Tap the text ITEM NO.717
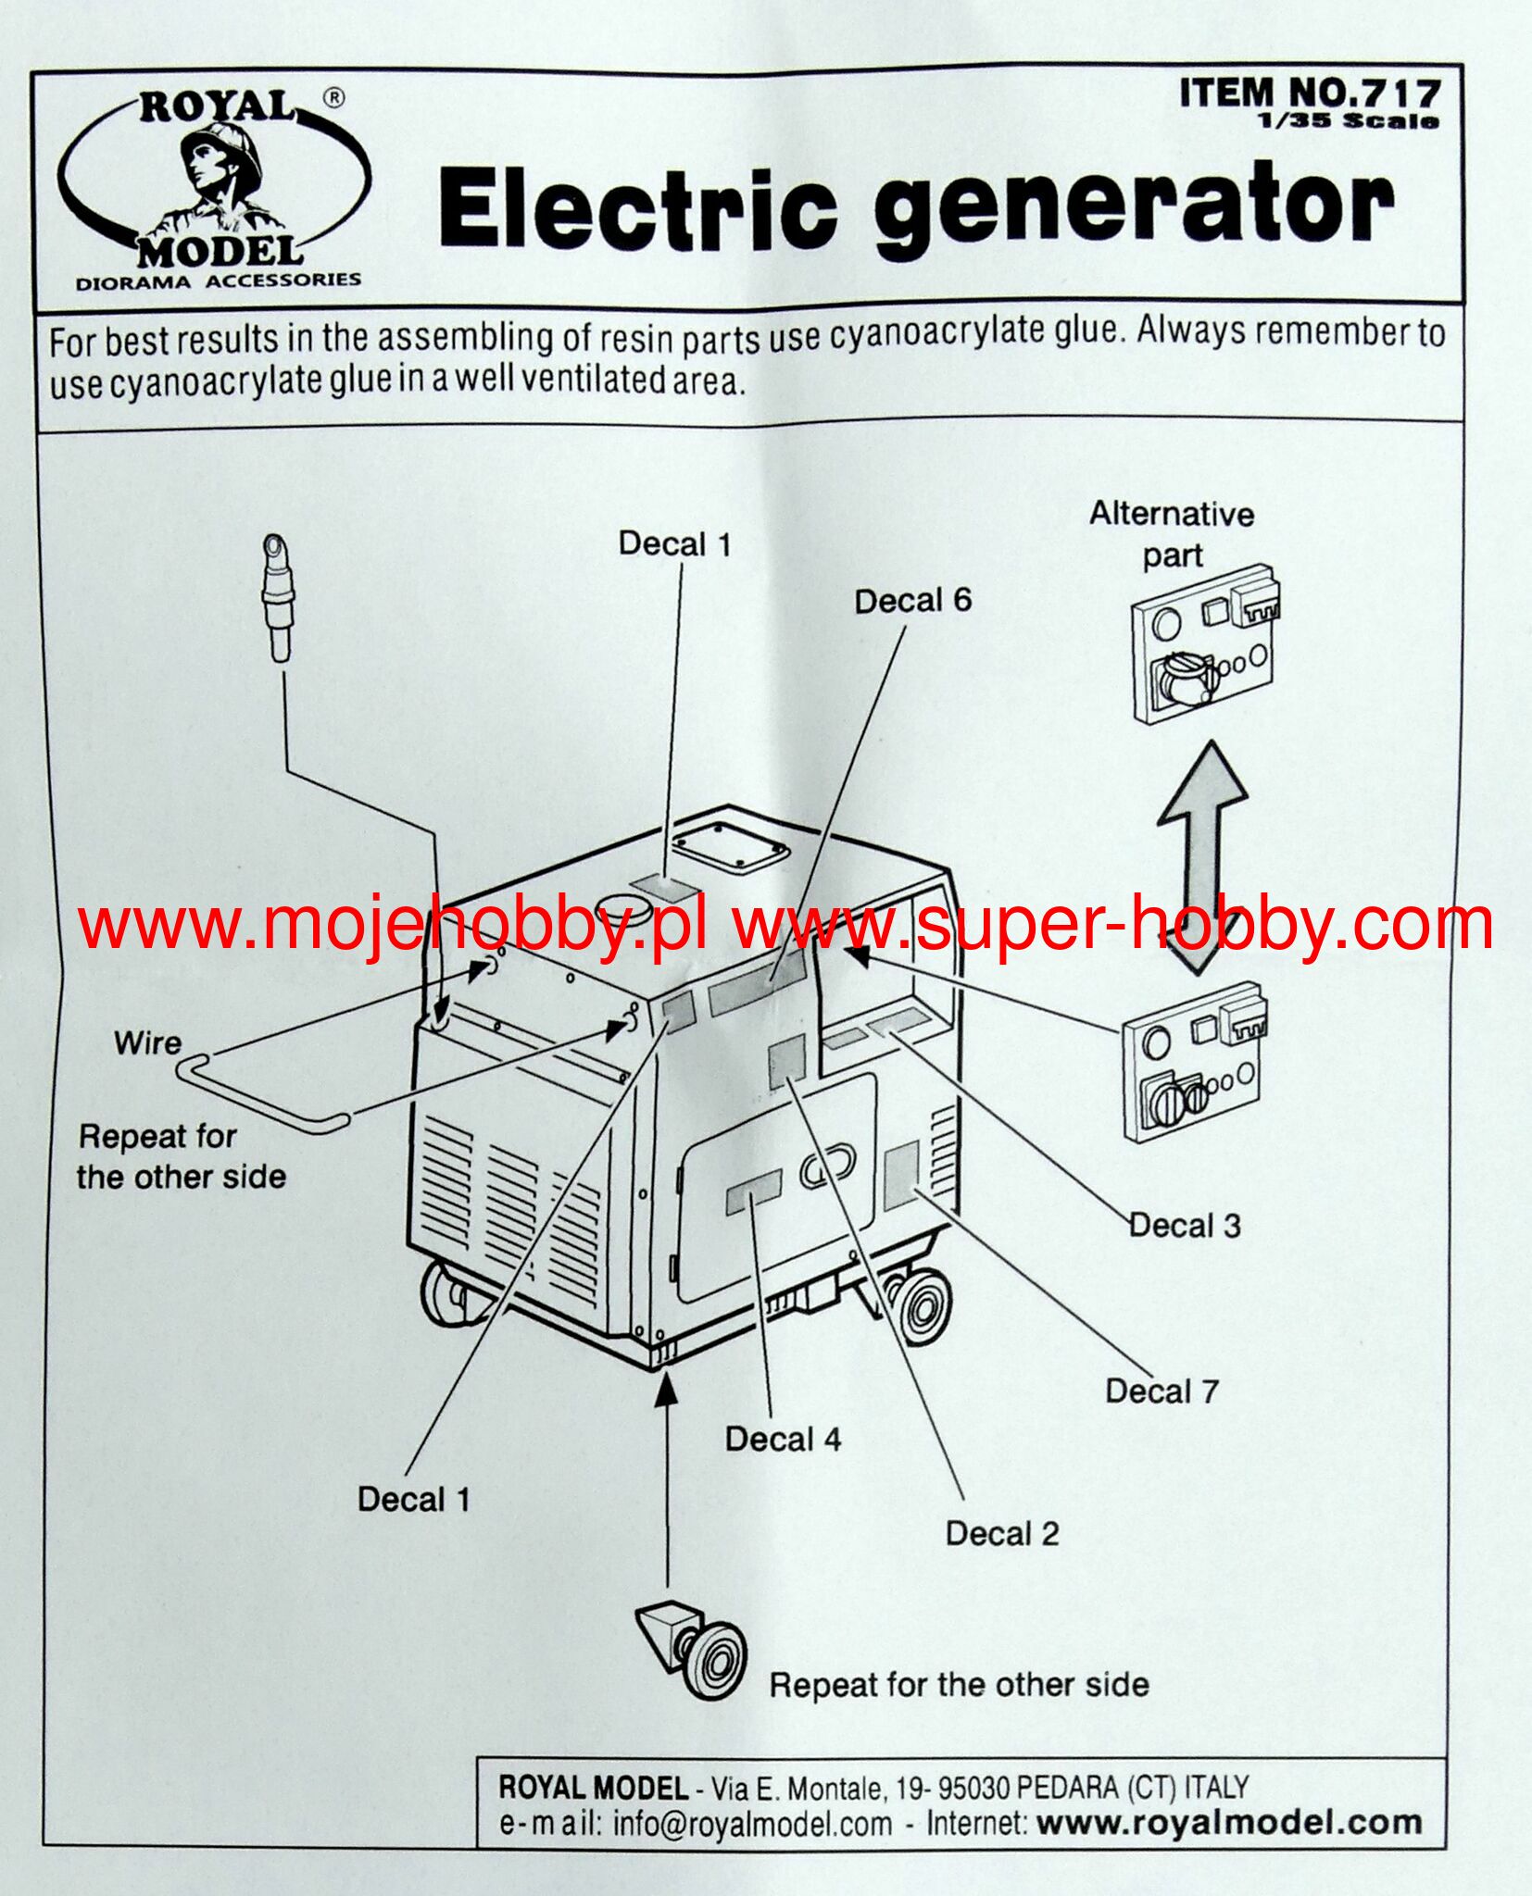1310,94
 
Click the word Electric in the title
637,207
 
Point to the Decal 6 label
912,602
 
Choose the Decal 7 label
1161,1391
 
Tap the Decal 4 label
783,1439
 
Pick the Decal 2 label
1001,1533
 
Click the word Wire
147,1043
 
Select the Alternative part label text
1172,534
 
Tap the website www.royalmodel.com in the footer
1228,1823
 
